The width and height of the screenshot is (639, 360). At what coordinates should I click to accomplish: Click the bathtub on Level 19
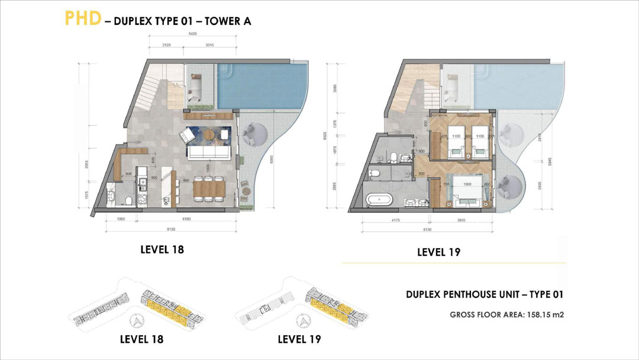click(x=379, y=200)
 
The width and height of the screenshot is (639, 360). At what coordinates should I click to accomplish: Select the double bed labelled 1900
click(x=467, y=190)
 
